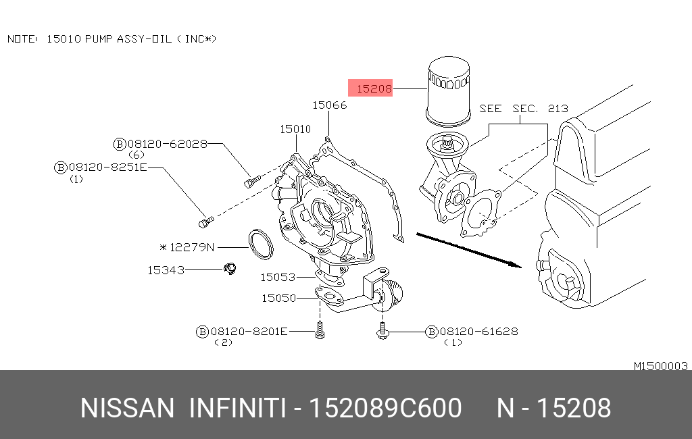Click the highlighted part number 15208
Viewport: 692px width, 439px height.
tap(374, 88)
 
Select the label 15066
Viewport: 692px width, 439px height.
tap(330, 105)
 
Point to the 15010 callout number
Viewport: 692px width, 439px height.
tap(296, 129)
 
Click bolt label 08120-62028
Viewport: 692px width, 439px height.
tap(168, 144)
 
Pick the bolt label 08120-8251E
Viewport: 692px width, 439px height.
tap(107, 167)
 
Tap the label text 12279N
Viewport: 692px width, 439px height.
tap(191, 247)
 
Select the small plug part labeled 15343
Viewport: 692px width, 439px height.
tap(230, 268)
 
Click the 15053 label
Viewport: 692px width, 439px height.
tap(278, 277)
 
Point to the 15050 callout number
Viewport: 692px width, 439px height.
tap(279, 299)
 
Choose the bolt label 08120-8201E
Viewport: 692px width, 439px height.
tap(249, 332)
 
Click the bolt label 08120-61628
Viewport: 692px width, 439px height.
tap(479, 332)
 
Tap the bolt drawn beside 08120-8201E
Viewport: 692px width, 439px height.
tap(320, 330)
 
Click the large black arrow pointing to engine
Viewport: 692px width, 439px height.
tap(469, 250)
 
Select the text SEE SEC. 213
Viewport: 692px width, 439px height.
tap(524, 109)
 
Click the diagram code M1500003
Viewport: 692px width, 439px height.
tap(661, 366)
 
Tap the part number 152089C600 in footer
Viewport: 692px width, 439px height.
tap(385, 408)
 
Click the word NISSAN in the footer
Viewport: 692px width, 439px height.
tap(128, 408)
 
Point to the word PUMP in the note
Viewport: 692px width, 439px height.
tap(99, 38)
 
